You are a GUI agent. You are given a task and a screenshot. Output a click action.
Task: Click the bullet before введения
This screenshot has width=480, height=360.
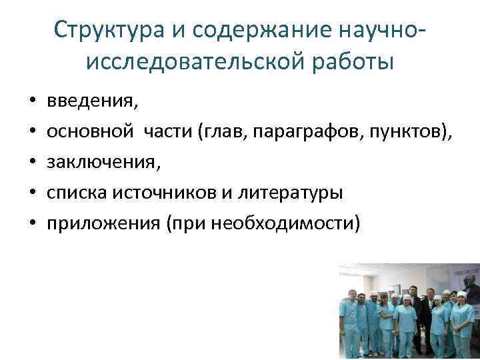tap(32, 103)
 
